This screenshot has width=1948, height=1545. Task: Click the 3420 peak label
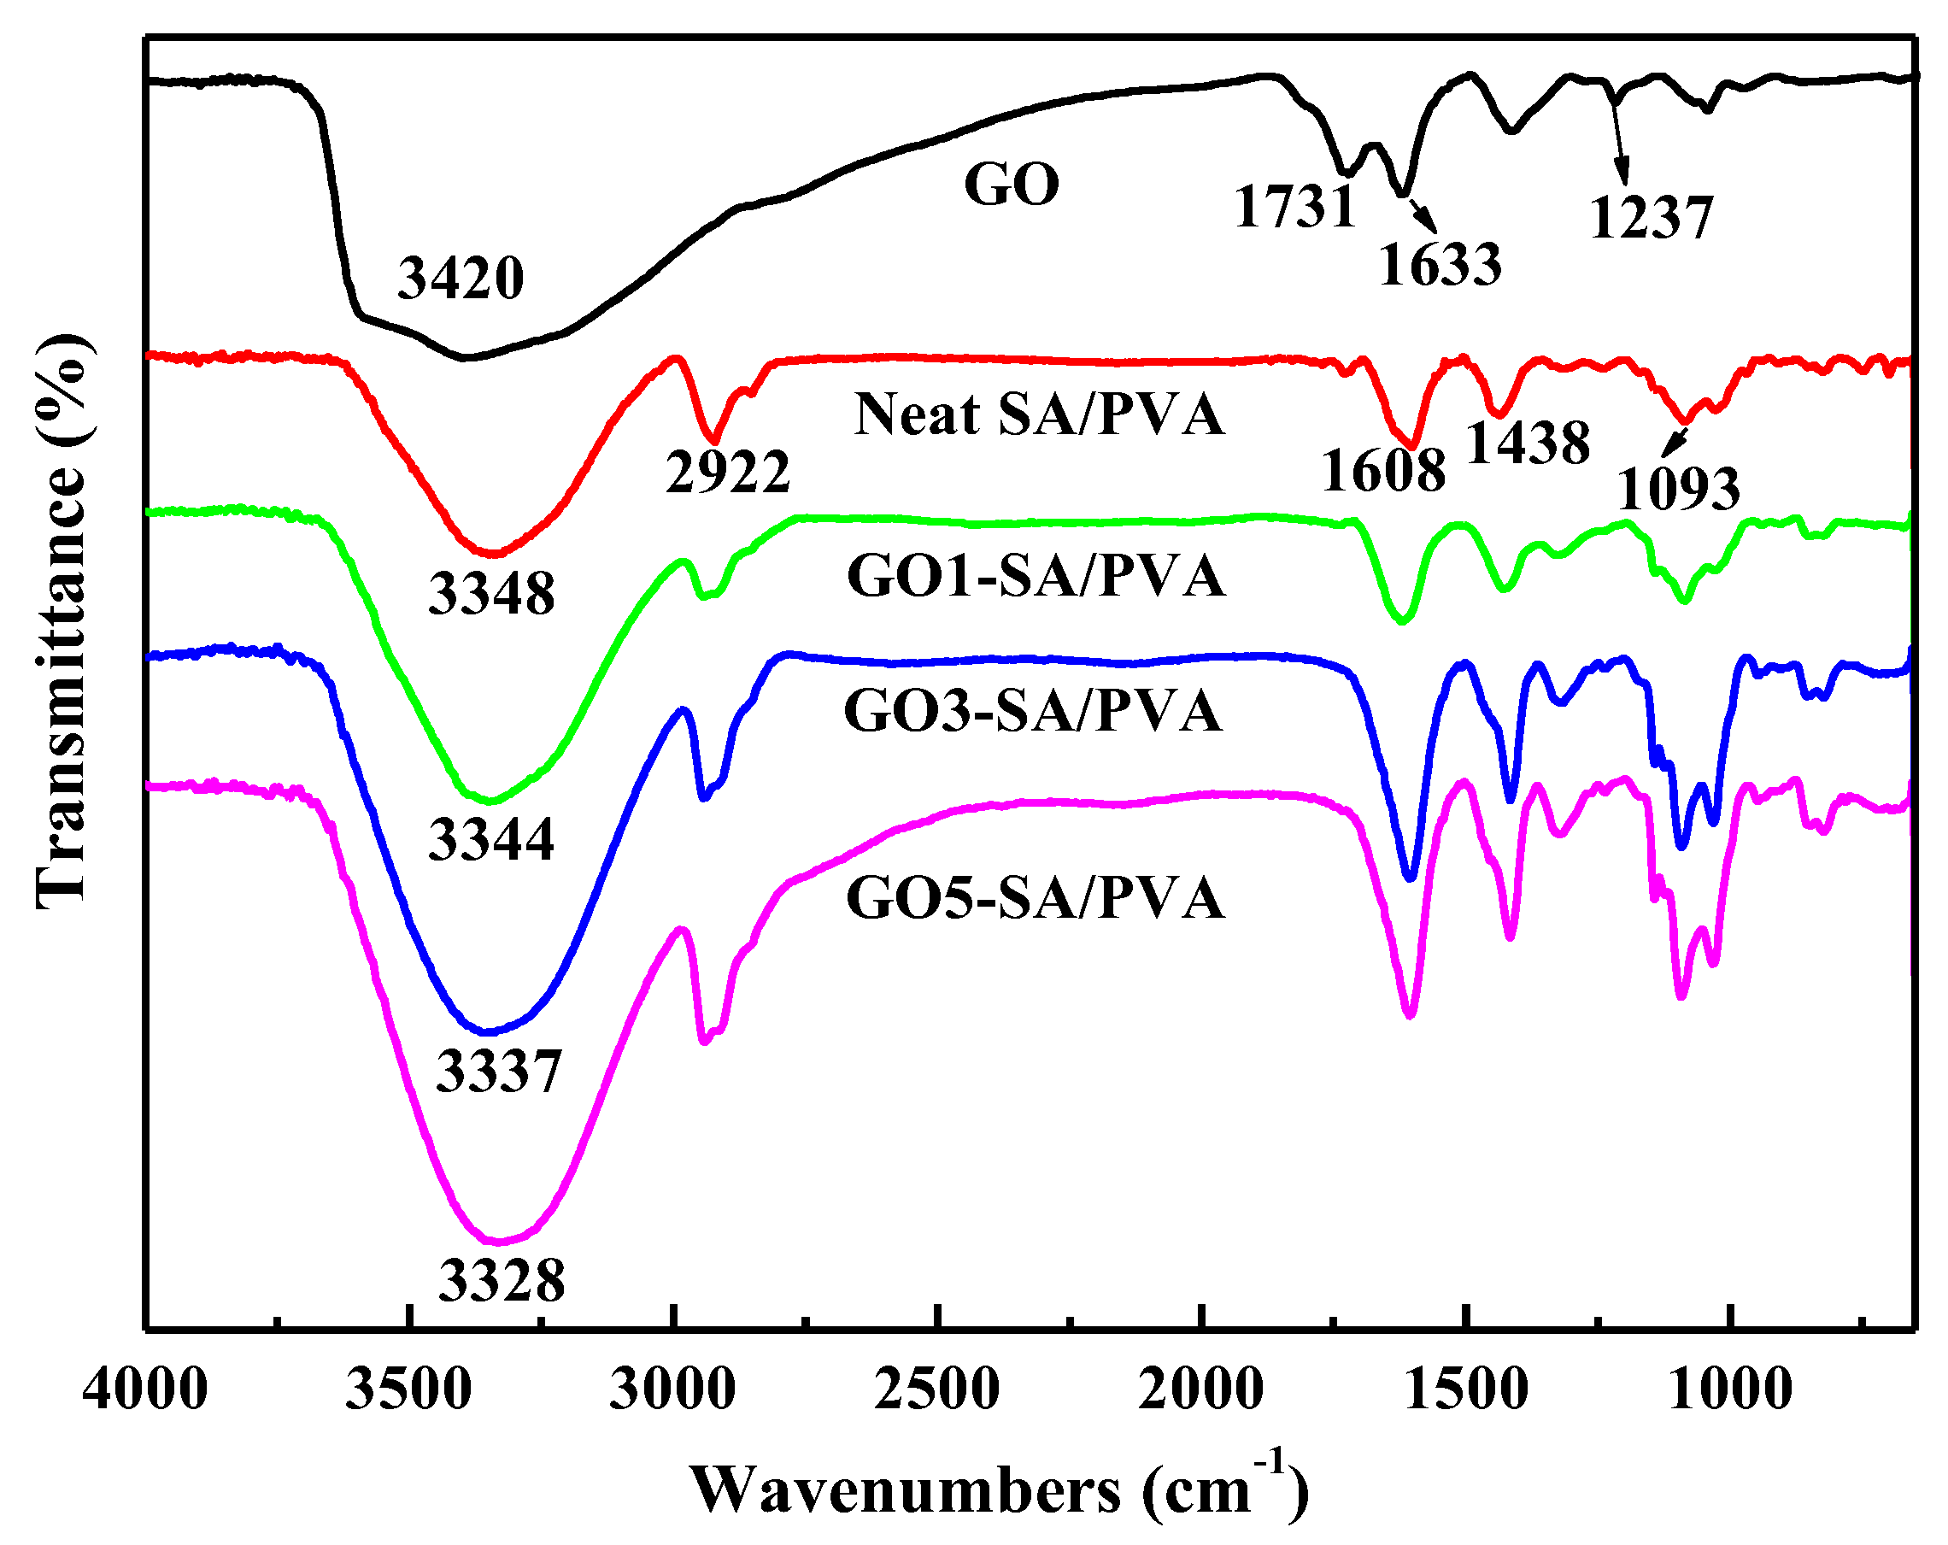click(x=461, y=279)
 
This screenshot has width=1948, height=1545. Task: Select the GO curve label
click(x=1011, y=185)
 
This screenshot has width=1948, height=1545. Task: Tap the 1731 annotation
click(x=1294, y=207)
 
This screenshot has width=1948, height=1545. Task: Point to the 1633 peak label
click(x=1440, y=266)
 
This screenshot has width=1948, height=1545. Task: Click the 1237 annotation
click(x=1651, y=219)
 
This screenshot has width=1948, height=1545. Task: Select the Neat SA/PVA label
click(x=1038, y=414)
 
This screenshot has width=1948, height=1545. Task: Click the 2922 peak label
click(x=727, y=472)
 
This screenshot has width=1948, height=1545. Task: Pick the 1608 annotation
click(x=1383, y=472)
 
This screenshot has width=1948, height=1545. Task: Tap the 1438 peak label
click(x=1528, y=444)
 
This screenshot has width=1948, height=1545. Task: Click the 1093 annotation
click(x=1678, y=491)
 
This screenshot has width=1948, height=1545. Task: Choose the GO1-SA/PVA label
click(x=1036, y=577)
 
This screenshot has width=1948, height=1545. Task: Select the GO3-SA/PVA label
click(x=1033, y=711)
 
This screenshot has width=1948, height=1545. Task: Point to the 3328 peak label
click(x=502, y=1280)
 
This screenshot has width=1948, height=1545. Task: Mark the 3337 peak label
click(x=499, y=1072)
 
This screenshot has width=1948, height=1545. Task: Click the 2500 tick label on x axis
click(x=937, y=1389)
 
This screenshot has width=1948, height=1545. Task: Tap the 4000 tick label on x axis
click(x=145, y=1389)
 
